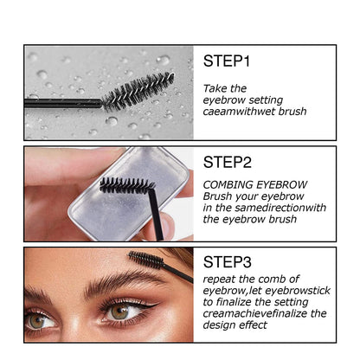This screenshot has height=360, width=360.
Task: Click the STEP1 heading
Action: [228, 62]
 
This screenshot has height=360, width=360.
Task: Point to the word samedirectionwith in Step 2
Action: [275, 209]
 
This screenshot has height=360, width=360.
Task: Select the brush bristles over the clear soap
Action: [125, 184]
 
